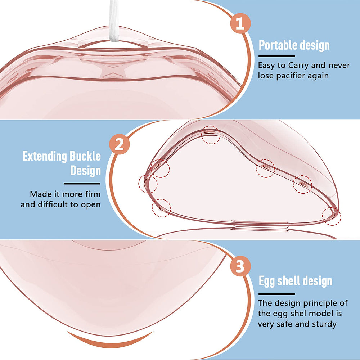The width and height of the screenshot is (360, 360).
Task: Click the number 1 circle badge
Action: (x=240, y=24)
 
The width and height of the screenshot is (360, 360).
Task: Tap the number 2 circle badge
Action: (x=119, y=145)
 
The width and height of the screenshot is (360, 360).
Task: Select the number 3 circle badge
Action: (x=240, y=267)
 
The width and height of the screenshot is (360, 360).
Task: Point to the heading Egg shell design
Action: (x=296, y=281)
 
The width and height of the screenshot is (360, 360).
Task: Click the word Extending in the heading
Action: (x=44, y=157)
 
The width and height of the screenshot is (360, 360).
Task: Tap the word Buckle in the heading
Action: (x=85, y=157)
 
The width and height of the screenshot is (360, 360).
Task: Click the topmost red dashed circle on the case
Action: (x=211, y=135)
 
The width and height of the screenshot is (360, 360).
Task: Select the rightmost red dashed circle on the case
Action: (x=331, y=216)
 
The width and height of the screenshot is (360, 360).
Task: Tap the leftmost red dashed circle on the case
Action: (x=148, y=184)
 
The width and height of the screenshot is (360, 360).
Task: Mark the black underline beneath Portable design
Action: (x=277, y=56)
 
